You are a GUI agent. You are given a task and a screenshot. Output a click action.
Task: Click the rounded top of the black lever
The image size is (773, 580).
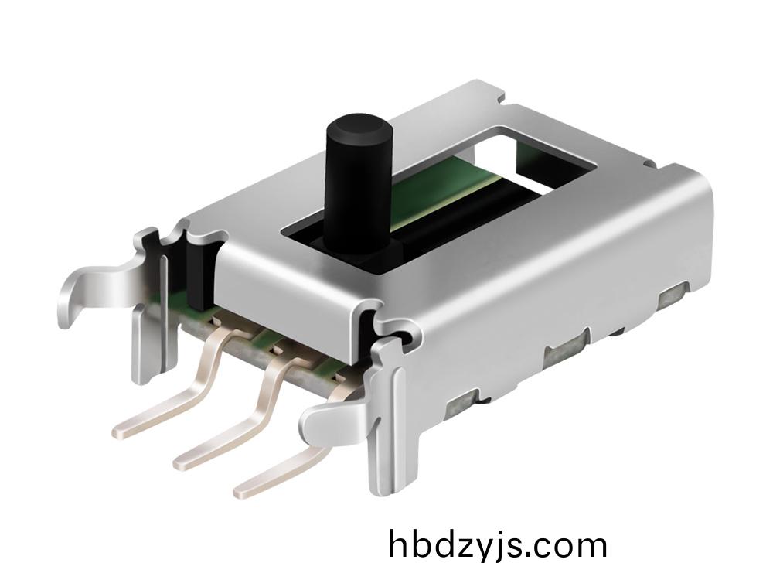tap(359, 126)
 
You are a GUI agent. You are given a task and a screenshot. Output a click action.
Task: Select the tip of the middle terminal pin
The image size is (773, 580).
tap(180, 463)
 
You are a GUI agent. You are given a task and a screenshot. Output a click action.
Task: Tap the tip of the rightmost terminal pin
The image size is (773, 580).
tap(241, 491)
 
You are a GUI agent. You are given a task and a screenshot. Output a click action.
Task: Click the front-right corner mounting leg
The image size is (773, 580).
tap(390, 419)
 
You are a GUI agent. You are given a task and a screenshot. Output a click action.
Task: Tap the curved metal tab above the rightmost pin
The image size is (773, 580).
tap(335, 419)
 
